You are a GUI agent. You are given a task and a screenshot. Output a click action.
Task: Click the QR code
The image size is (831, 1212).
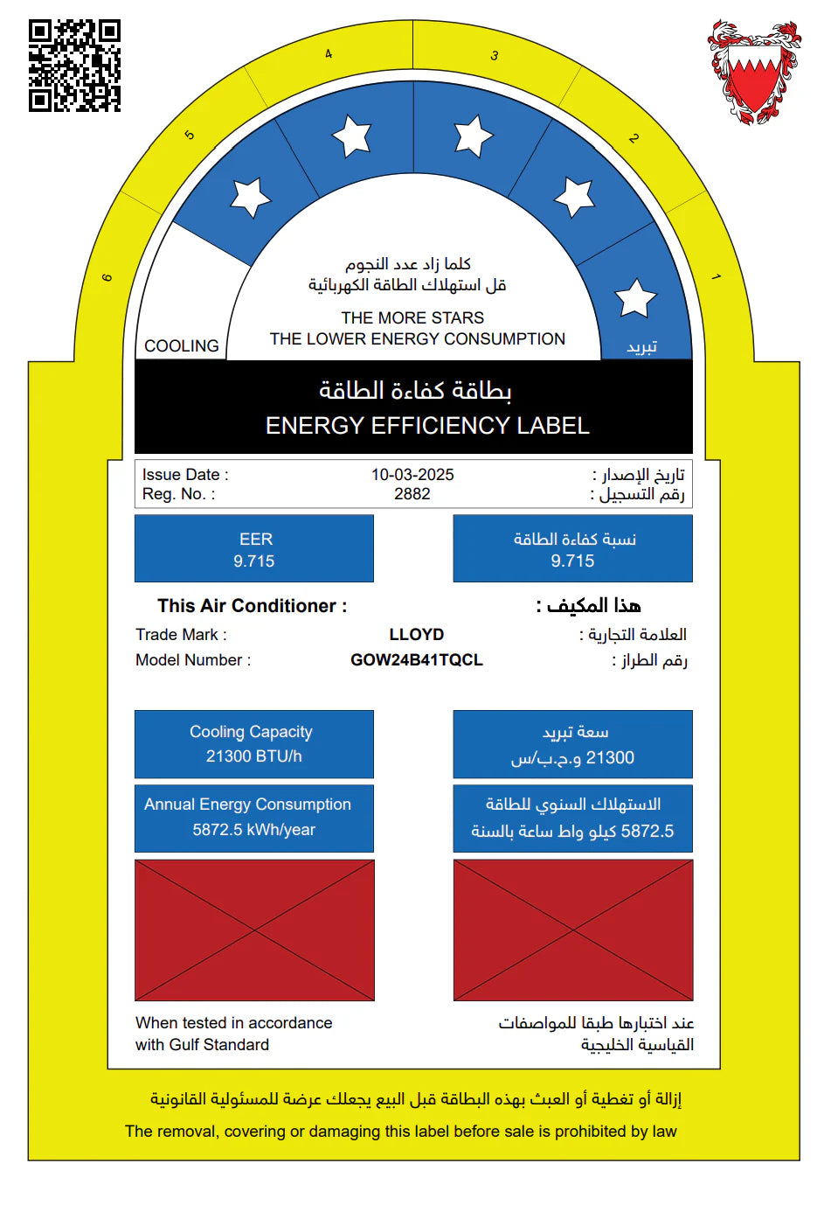pos(74,66)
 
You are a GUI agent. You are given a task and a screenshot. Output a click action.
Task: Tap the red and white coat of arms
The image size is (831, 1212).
pos(753,72)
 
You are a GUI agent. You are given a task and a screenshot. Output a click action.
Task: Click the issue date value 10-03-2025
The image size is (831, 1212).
pos(412,475)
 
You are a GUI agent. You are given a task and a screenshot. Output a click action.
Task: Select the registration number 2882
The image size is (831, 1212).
pos(412,494)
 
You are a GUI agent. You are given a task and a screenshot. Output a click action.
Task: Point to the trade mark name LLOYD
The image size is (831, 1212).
pos(417,635)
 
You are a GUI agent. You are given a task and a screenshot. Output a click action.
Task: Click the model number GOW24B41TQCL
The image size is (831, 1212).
pos(417,660)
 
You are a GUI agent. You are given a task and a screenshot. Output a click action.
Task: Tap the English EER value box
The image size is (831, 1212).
pos(254,549)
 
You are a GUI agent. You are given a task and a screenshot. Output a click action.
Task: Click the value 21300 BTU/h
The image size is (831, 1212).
pos(254,756)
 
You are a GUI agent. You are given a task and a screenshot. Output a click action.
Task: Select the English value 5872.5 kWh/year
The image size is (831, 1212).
pos(254,830)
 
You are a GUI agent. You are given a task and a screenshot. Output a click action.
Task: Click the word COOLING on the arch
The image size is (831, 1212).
pos(182,346)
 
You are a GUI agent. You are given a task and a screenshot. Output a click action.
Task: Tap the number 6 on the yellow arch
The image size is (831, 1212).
pos(107,278)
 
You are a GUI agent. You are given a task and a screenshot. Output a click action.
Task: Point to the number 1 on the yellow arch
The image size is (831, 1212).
pos(716,277)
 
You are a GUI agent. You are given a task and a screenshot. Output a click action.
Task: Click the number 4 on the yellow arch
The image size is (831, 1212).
pos(329,54)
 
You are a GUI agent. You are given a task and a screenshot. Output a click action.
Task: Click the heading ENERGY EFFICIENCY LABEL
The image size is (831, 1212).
pos(427,426)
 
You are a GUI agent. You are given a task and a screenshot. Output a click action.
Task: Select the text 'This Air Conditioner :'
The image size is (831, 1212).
pos(252,606)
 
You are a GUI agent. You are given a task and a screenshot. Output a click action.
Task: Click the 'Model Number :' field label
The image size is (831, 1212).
pos(193,660)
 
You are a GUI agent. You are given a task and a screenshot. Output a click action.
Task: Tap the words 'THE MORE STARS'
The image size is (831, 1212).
pos(412,317)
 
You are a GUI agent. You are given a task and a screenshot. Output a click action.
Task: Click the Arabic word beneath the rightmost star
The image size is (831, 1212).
pos(641,347)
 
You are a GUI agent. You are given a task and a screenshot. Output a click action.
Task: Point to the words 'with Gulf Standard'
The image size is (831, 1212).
pos(202,1045)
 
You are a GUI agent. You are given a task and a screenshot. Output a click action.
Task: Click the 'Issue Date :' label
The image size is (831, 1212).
pos(185,475)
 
